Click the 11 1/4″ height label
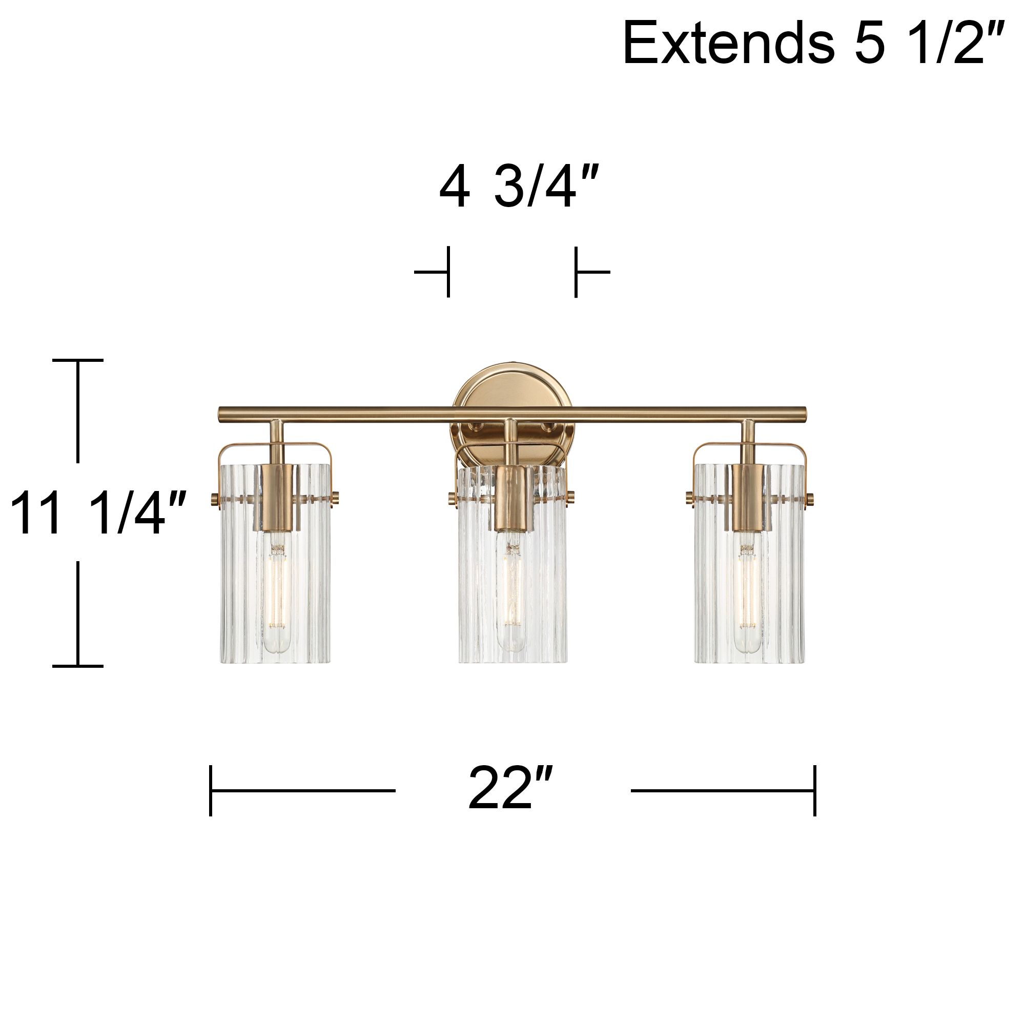click(98, 513)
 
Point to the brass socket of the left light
click(277, 497)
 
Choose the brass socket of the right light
click(749, 497)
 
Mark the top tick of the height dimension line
click(78, 360)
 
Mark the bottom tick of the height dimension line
click(78, 666)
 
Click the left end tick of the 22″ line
click(211, 790)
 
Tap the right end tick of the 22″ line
click(815, 790)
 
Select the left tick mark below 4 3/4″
click(448, 272)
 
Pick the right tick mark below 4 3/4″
click(576, 272)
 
